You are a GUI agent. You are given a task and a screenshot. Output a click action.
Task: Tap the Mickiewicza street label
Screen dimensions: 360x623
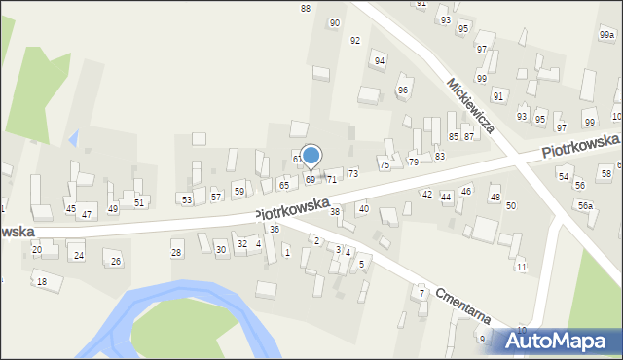point(471,105)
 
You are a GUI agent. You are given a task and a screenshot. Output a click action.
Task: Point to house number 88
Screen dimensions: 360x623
point(306,8)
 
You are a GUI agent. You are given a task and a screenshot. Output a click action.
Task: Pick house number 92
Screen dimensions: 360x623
point(355,40)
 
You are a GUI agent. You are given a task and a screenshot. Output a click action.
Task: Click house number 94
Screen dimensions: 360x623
point(380,61)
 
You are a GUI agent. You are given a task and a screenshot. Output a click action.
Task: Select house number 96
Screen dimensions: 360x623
point(402,90)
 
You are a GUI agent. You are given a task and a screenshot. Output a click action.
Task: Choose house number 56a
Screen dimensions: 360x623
point(585,205)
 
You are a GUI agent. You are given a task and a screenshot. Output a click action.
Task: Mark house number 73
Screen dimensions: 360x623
point(353,172)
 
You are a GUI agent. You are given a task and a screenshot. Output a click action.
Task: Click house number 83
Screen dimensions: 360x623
point(440,156)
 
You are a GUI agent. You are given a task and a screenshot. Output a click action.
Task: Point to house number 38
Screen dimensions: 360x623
point(335,211)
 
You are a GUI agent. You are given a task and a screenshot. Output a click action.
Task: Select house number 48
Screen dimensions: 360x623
point(495,198)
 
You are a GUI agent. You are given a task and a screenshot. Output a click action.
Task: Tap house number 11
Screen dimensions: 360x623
point(522,267)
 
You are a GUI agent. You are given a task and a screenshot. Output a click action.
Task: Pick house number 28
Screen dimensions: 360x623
point(176,253)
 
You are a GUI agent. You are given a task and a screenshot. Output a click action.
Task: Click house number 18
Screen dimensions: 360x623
point(41,282)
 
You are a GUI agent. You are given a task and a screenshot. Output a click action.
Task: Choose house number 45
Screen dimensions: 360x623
point(70,209)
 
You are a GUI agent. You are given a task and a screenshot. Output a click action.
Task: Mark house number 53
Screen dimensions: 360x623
point(187,199)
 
